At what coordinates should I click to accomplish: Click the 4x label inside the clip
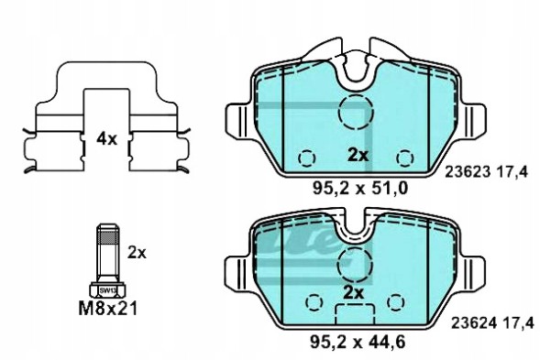point(107,138)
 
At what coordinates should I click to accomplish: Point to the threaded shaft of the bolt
point(106,252)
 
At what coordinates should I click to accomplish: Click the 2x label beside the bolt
point(138,250)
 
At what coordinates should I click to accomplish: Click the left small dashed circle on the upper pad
point(308,155)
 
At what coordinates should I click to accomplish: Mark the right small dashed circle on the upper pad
point(403,155)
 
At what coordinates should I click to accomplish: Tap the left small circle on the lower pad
point(312,302)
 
